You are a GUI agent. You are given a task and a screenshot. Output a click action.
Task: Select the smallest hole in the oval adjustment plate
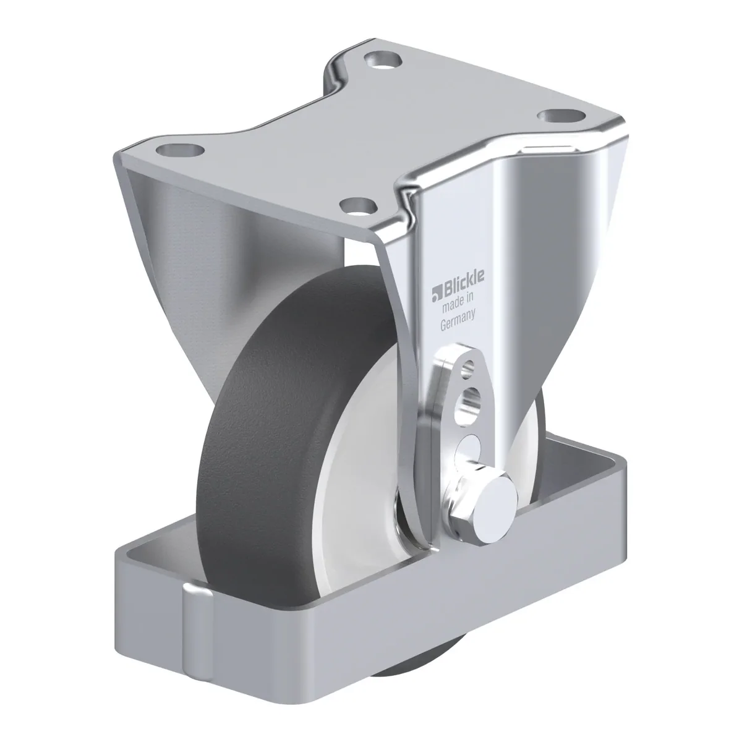point(469,365)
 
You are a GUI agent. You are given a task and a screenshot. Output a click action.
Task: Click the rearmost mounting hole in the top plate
point(382,61)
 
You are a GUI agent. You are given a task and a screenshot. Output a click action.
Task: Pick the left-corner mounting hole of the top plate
point(180,150)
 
